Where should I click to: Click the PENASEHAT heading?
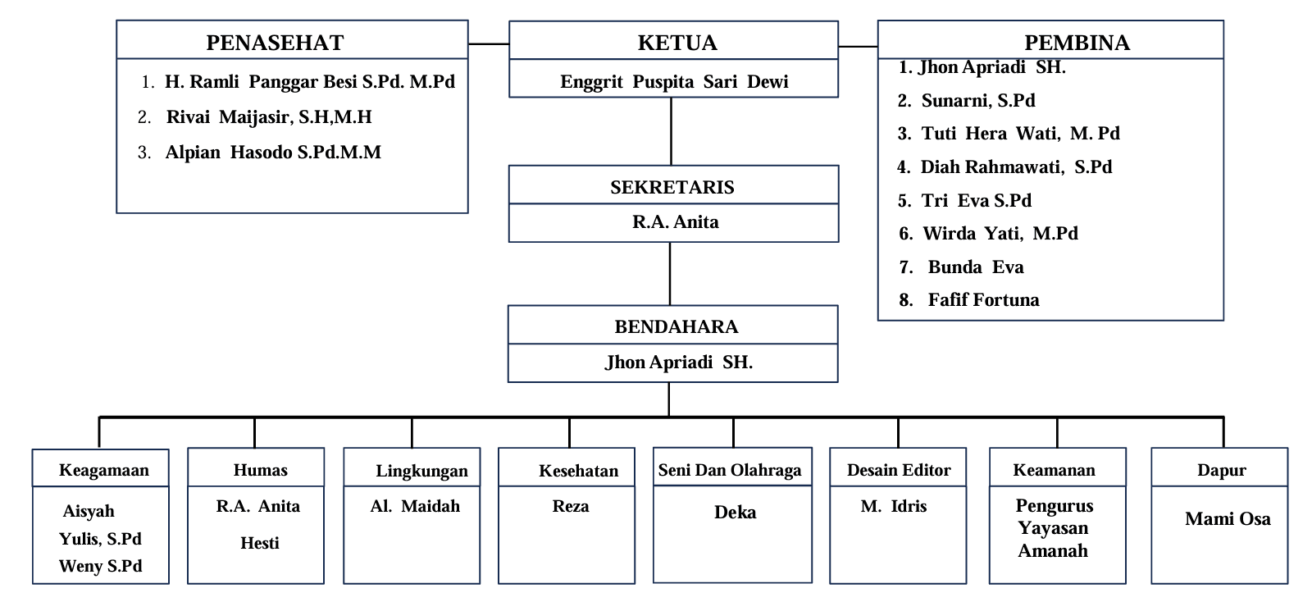coord(275,43)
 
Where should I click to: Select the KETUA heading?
coord(677,43)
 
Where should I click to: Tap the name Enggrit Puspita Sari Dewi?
coord(674,82)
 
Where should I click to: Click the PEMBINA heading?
coord(1077,43)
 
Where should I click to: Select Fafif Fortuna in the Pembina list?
coord(983,300)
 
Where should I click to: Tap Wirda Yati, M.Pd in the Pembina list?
coord(1000,234)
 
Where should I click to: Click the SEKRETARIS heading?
coord(672,187)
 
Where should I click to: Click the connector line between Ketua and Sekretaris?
coord(671,131)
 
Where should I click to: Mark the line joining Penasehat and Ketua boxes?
coord(489,43)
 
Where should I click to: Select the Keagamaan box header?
coord(104,470)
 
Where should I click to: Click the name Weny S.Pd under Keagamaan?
coord(100,566)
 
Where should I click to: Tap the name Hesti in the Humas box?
coord(259,543)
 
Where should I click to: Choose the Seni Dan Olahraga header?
coord(730,470)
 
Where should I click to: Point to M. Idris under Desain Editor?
coord(894,506)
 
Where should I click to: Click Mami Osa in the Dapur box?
coord(1228,518)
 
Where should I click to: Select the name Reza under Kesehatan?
coord(571,506)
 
